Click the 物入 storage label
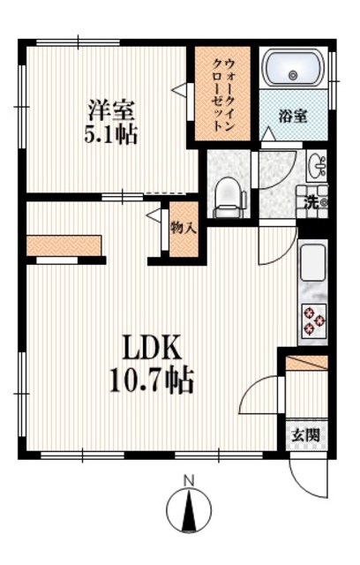[184, 228]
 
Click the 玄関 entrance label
[306, 434]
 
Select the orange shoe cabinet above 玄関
[307, 362]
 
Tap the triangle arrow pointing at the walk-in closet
[179, 89]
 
